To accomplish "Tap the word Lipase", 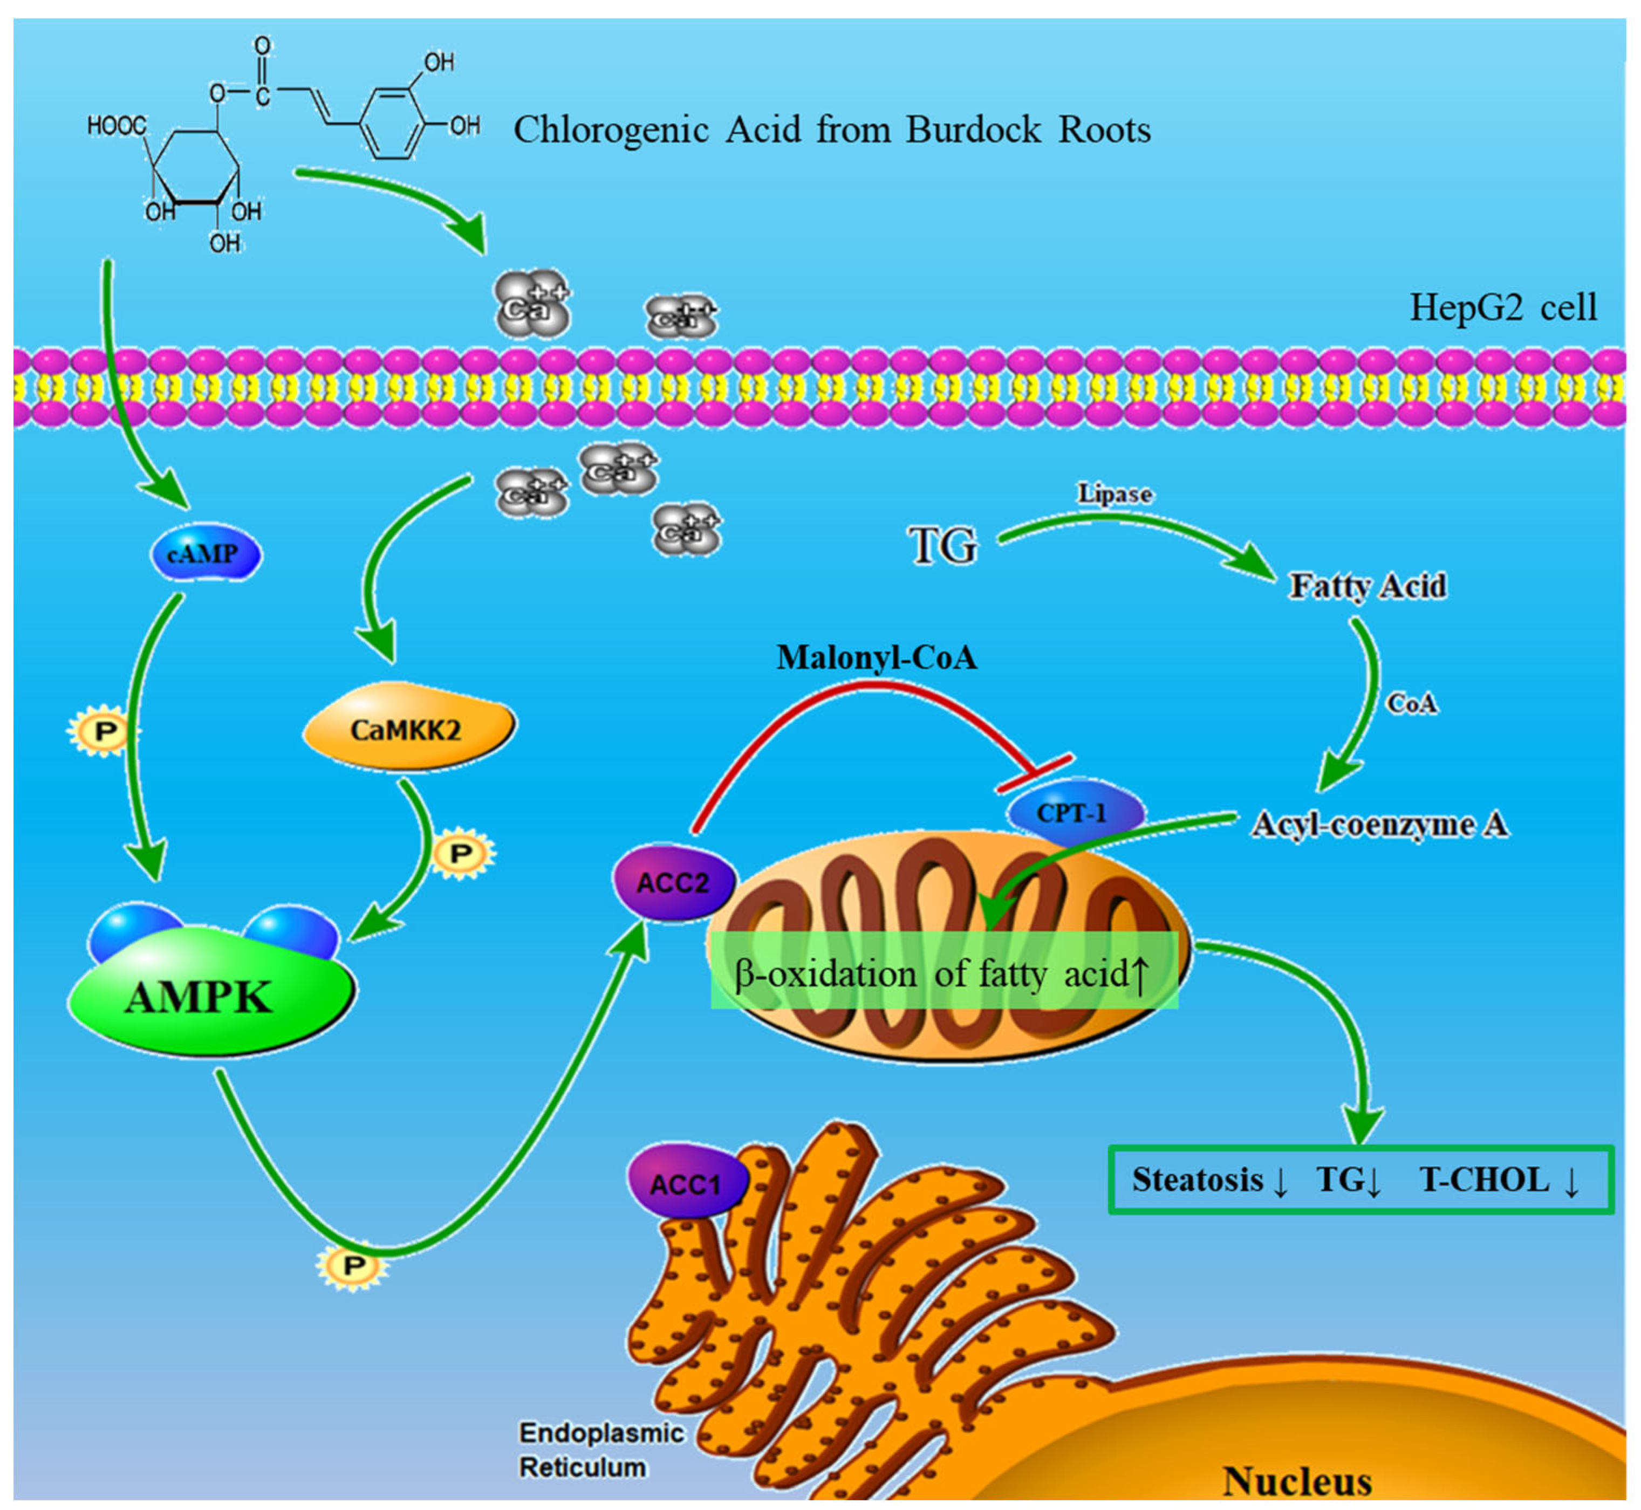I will tap(1114, 495).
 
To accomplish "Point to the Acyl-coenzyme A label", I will tap(1379, 825).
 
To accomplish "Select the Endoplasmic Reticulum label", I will tap(600, 1450).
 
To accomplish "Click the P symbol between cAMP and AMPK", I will tap(104, 731).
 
